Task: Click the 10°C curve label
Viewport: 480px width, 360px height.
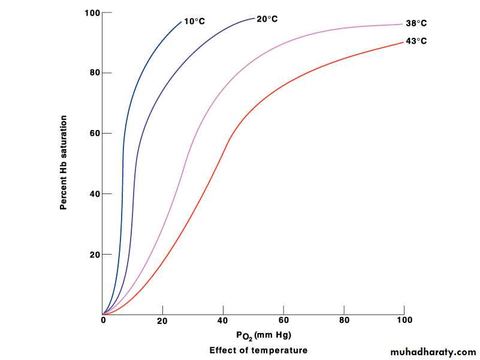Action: coord(195,22)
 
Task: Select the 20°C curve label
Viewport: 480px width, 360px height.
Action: coord(267,19)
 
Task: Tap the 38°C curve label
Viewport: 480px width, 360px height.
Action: coord(416,24)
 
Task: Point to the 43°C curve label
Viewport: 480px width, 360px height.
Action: coord(416,41)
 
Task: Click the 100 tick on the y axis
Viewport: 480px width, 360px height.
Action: coord(93,13)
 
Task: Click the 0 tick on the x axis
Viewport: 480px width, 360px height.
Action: coord(103,321)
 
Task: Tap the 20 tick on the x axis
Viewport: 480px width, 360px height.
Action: coord(163,321)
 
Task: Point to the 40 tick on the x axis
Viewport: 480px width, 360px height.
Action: coord(224,321)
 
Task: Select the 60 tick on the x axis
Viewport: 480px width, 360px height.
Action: coord(283,321)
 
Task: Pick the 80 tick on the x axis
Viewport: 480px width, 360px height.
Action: coord(344,321)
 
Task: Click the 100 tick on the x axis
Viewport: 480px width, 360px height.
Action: coord(404,321)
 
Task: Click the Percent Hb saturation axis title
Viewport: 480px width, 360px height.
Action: coord(63,162)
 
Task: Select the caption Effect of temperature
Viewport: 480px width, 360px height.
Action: coord(258,350)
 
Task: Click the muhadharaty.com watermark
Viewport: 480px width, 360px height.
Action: coord(433,352)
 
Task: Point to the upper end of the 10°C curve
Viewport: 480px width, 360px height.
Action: coord(181,22)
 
